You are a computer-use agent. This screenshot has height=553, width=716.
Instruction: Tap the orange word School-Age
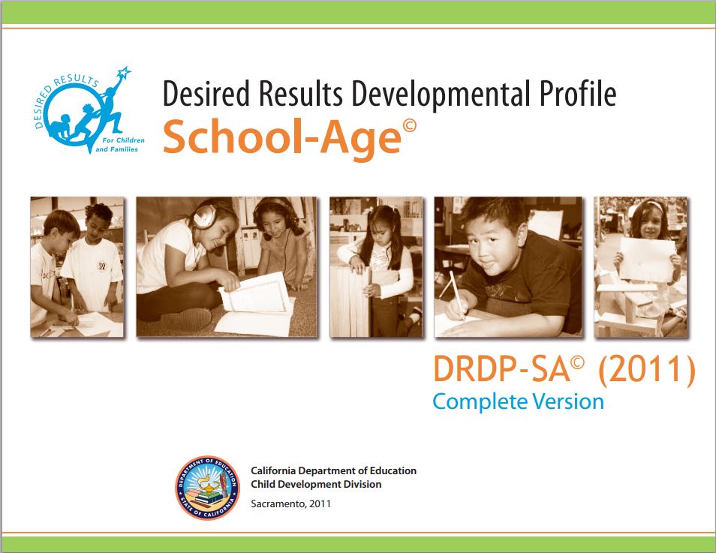point(281,137)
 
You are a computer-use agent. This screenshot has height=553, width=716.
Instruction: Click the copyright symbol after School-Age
point(409,125)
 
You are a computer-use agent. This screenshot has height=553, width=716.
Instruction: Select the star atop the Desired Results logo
point(123,72)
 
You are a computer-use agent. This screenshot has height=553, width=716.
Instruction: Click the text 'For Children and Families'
point(119,145)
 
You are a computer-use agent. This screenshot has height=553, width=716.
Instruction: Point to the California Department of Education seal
point(207,488)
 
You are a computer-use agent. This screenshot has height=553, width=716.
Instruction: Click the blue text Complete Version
point(519,402)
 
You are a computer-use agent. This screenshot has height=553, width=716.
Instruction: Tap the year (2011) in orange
point(647,369)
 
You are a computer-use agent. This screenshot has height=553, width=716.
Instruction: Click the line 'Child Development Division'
point(316,484)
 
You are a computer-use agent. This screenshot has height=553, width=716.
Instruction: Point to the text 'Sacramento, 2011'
point(290,504)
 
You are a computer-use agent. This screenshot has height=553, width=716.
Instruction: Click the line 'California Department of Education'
point(333,470)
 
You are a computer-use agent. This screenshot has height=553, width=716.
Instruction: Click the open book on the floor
point(254,304)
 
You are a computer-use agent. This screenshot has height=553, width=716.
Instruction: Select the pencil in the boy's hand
point(457,295)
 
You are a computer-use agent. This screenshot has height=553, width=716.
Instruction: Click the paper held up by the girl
point(647,260)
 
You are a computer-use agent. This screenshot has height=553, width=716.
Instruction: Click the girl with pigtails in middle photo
point(379,269)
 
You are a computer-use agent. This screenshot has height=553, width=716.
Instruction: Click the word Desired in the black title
point(206,93)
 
